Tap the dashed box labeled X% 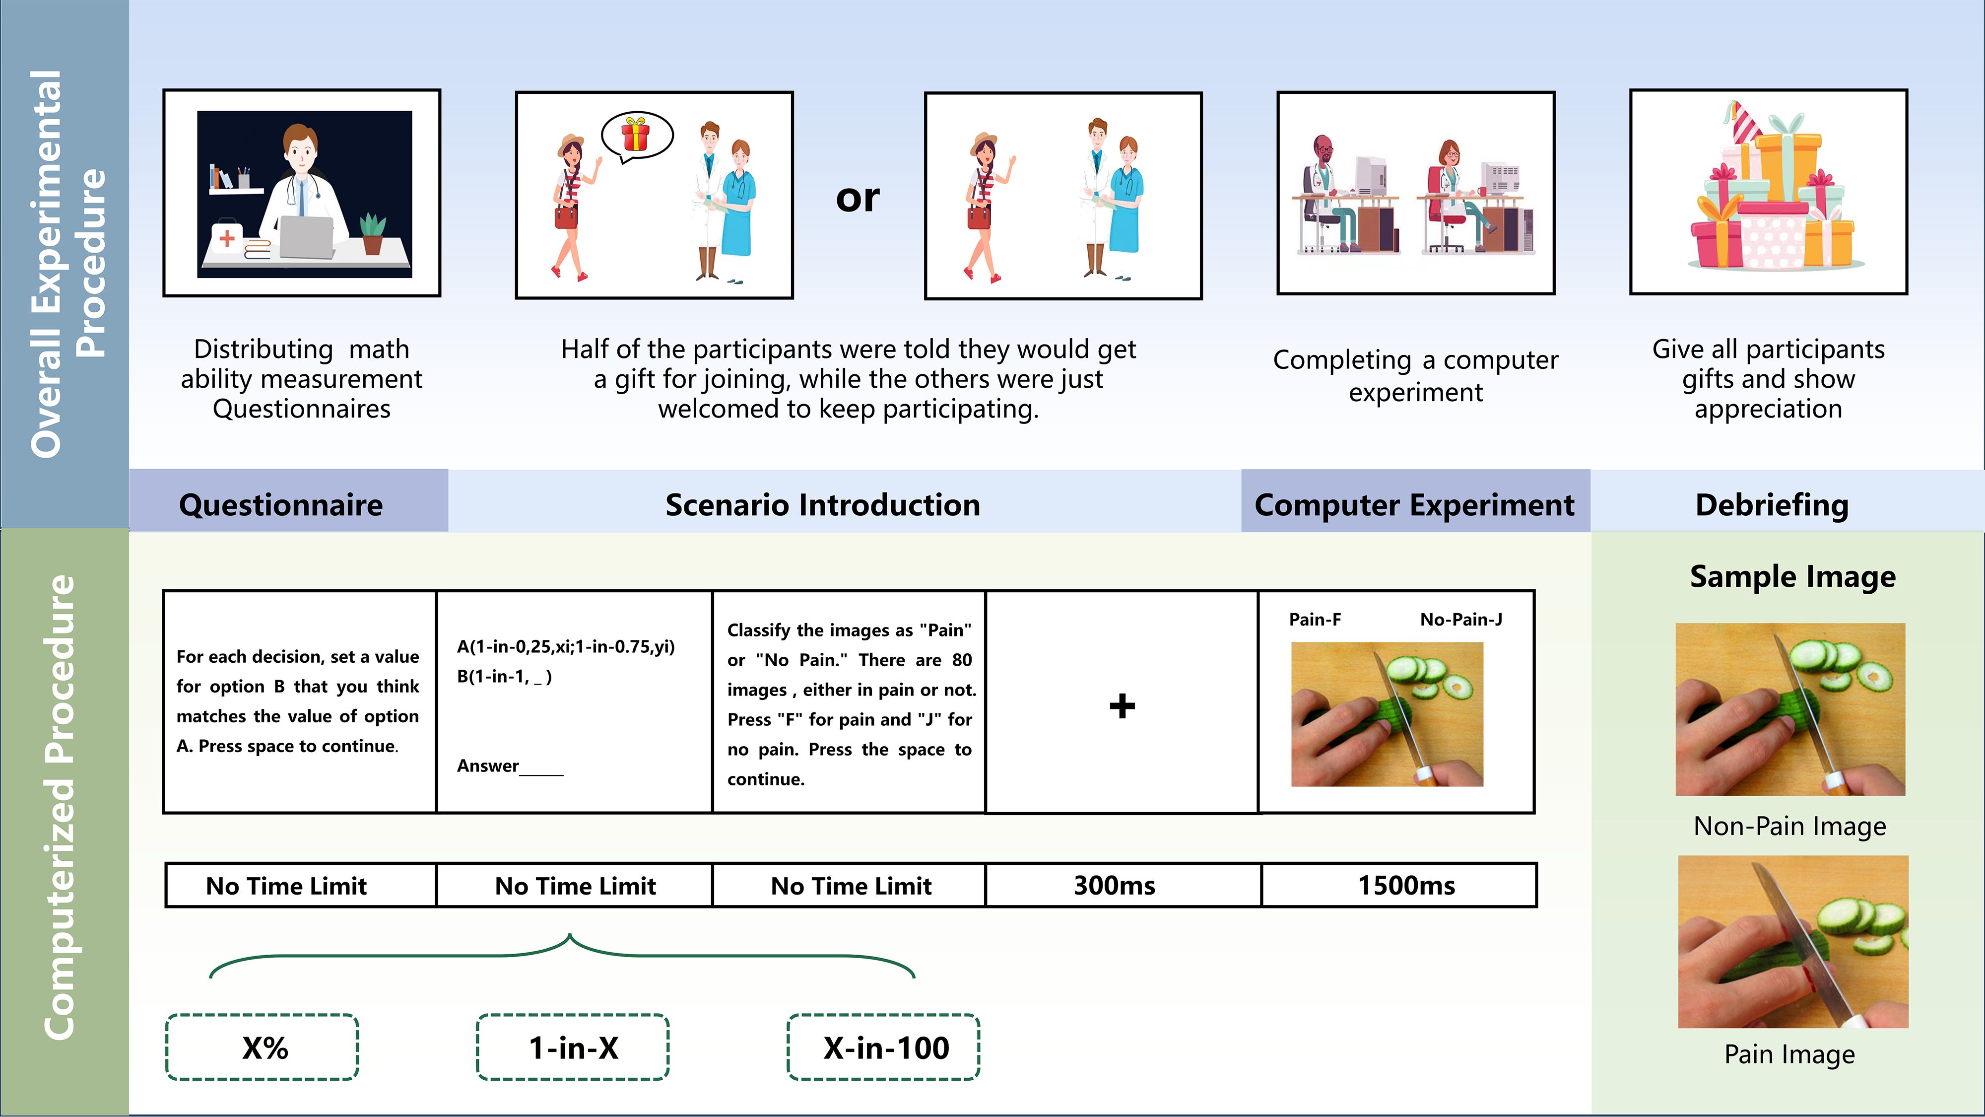[x=263, y=1047]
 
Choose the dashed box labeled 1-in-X [x=573, y=1047]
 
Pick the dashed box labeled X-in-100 [x=884, y=1047]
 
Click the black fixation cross [x=1122, y=705]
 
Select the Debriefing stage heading [x=1772, y=504]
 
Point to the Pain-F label [x=1315, y=619]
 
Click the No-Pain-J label [x=1460, y=619]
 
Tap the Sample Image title [x=1792, y=576]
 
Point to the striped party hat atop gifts [x=1743, y=123]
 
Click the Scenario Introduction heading [x=822, y=504]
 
